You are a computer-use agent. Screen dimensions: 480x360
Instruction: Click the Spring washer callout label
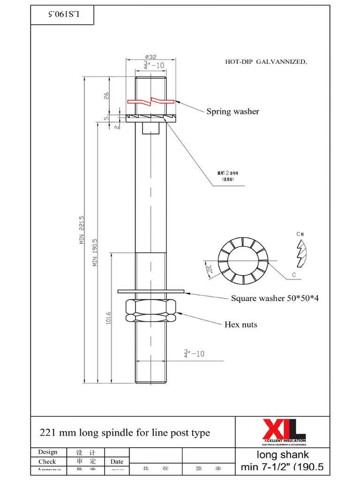click(x=232, y=112)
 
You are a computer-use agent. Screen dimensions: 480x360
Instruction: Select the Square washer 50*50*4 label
click(x=275, y=298)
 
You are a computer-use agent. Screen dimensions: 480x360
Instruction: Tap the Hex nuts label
click(x=240, y=324)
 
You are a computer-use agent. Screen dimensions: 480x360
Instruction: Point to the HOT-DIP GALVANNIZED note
click(x=266, y=61)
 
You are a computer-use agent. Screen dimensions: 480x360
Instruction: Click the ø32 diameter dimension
click(x=150, y=56)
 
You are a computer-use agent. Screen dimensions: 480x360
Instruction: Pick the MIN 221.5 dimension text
click(x=82, y=230)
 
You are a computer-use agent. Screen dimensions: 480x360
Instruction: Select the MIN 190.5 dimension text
click(x=95, y=252)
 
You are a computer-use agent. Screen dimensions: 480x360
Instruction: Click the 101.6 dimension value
click(x=109, y=318)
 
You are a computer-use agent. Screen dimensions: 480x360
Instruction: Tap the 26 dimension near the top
click(x=106, y=96)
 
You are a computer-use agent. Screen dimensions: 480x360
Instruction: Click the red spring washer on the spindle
click(x=150, y=101)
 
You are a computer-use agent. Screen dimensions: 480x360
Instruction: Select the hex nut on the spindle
click(x=150, y=310)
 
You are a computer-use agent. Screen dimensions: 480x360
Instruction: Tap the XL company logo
click(x=284, y=430)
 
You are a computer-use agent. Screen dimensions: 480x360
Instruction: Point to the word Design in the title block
click(x=48, y=452)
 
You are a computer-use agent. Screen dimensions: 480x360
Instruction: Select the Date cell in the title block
click(x=117, y=462)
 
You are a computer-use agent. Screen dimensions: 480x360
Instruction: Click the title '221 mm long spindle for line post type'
click(x=125, y=433)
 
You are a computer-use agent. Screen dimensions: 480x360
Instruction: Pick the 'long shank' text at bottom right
click(x=283, y=455)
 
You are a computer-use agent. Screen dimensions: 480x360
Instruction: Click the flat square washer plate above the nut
click(x=150, y=292)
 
